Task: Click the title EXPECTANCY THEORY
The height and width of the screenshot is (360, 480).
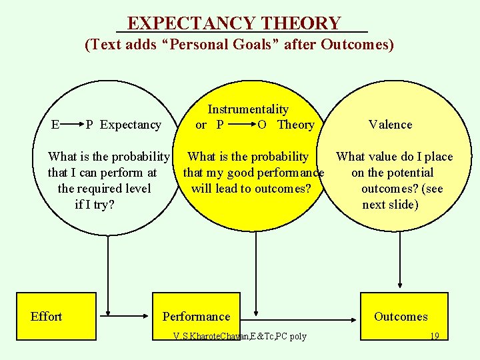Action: [234, 23]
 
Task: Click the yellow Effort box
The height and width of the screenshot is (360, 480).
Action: [46, 317]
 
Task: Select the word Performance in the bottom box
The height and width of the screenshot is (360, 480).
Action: [196, 317]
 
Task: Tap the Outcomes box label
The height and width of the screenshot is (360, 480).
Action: [401, 317]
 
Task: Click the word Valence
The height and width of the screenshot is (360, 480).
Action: [390, 125]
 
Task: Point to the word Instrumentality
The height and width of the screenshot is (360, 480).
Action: [248, 109]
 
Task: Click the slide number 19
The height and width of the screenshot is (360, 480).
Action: [434, 336]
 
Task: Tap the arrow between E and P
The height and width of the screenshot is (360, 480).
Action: [72, 123]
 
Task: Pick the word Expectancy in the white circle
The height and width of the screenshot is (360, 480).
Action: [131, 125]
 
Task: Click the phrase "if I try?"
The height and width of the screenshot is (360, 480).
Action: [95, 205]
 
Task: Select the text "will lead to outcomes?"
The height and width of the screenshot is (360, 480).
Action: [251, 189]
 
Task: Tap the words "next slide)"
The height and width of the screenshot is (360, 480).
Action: [390, 205]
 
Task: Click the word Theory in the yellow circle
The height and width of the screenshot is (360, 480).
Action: [295, 125]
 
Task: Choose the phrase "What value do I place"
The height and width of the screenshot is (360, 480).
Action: [394, 157]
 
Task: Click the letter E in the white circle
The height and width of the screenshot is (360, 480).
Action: [56, 124]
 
